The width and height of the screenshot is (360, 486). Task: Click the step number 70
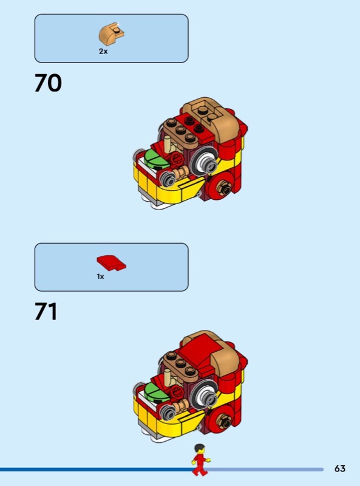tap(48, 83)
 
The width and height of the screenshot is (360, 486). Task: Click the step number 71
tap(46, 311)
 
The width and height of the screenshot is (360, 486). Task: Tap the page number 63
tap(340, 468)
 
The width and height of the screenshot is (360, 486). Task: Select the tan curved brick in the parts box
tap(112, 33)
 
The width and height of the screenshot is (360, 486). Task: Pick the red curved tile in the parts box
tap(112, 263)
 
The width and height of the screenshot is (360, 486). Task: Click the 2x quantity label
tap(103, 52)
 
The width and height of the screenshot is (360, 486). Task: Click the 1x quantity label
tap(100, 276)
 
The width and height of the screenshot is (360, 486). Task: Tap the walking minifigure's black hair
tap(200, 448)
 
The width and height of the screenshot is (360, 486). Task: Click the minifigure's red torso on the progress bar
tap(200, 459)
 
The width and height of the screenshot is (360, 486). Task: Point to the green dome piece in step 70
tap(157, 159)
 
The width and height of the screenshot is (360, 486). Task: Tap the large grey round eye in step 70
tap(205, 162)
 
